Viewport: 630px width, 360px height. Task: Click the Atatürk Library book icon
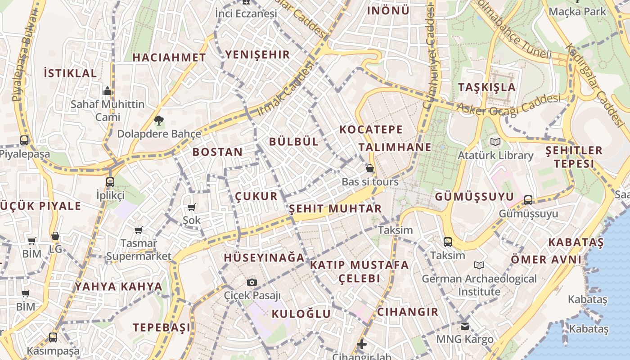pyautogui.click(x=495, y=142)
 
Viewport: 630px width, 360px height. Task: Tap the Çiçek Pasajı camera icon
pyautogui.click(x=252, y=282)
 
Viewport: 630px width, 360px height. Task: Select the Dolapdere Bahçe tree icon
pyautogui.click(x=158, y=120)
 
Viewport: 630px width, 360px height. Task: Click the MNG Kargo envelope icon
pyautogui.click(x=464, y=326)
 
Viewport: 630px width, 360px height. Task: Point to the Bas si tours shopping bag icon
pyautogui.click(x=370, y=168)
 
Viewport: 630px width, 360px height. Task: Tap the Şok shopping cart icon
pyautogui.click(x=192, y=207)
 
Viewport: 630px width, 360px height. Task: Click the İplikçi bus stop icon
pyautogui.click(x=110, y=182)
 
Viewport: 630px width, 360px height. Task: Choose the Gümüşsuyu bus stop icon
pyautogui.click(x=528, y=200)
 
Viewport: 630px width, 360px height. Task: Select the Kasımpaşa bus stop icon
pyautogui.click(x=53, y=337)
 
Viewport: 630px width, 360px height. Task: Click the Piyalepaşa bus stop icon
pyautogui.click(x=24, y=140)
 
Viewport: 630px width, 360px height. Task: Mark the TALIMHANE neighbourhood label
pyautogui.click(x=395, y=147)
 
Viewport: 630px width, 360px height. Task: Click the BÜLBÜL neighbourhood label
pyautogui.click(x=294, y=141)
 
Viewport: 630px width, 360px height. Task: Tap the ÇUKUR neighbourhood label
pyautogui.click(x=256, y=196)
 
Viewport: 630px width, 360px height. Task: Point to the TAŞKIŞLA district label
pyautogui.click(x=487, y=87)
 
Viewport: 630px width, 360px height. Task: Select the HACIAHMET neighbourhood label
pyautogui.click(x=169, y=57)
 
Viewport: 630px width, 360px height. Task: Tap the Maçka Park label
pyautogui.click(x=577, y=11)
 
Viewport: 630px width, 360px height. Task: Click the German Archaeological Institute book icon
pyautogui.click(x=479, y=265)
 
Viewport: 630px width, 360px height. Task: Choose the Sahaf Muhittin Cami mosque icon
pyautogui.click(x=107, y=91)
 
